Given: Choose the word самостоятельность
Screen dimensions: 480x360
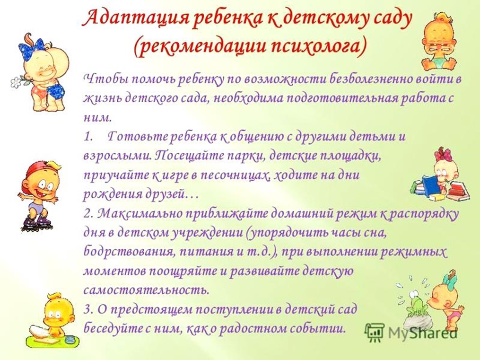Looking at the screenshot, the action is (147, 290).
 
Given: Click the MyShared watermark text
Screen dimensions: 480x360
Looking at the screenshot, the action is (422, 332).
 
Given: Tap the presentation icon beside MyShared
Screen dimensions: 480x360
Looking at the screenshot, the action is (374, 332).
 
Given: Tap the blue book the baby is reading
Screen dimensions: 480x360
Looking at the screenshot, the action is (429, 184).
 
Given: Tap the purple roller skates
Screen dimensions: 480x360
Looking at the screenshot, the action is (37, 222).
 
